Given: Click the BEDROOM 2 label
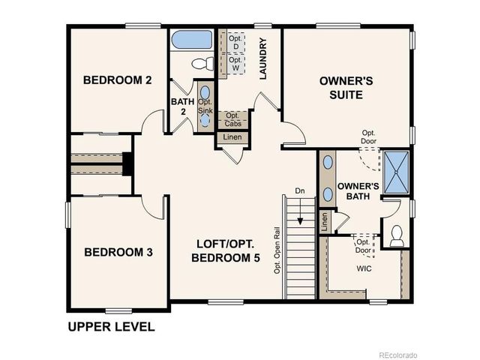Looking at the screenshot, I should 117,80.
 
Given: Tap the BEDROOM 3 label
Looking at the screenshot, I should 118,253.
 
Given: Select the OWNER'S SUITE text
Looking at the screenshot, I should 341,88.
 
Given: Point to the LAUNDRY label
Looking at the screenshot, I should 263,64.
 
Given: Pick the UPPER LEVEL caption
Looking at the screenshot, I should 111,327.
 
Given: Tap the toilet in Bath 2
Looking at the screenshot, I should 202,64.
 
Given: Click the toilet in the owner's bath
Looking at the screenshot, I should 397,235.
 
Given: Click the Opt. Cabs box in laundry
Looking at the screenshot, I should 232,120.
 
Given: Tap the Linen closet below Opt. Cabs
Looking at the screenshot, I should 230,137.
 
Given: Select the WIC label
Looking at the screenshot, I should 364,268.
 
